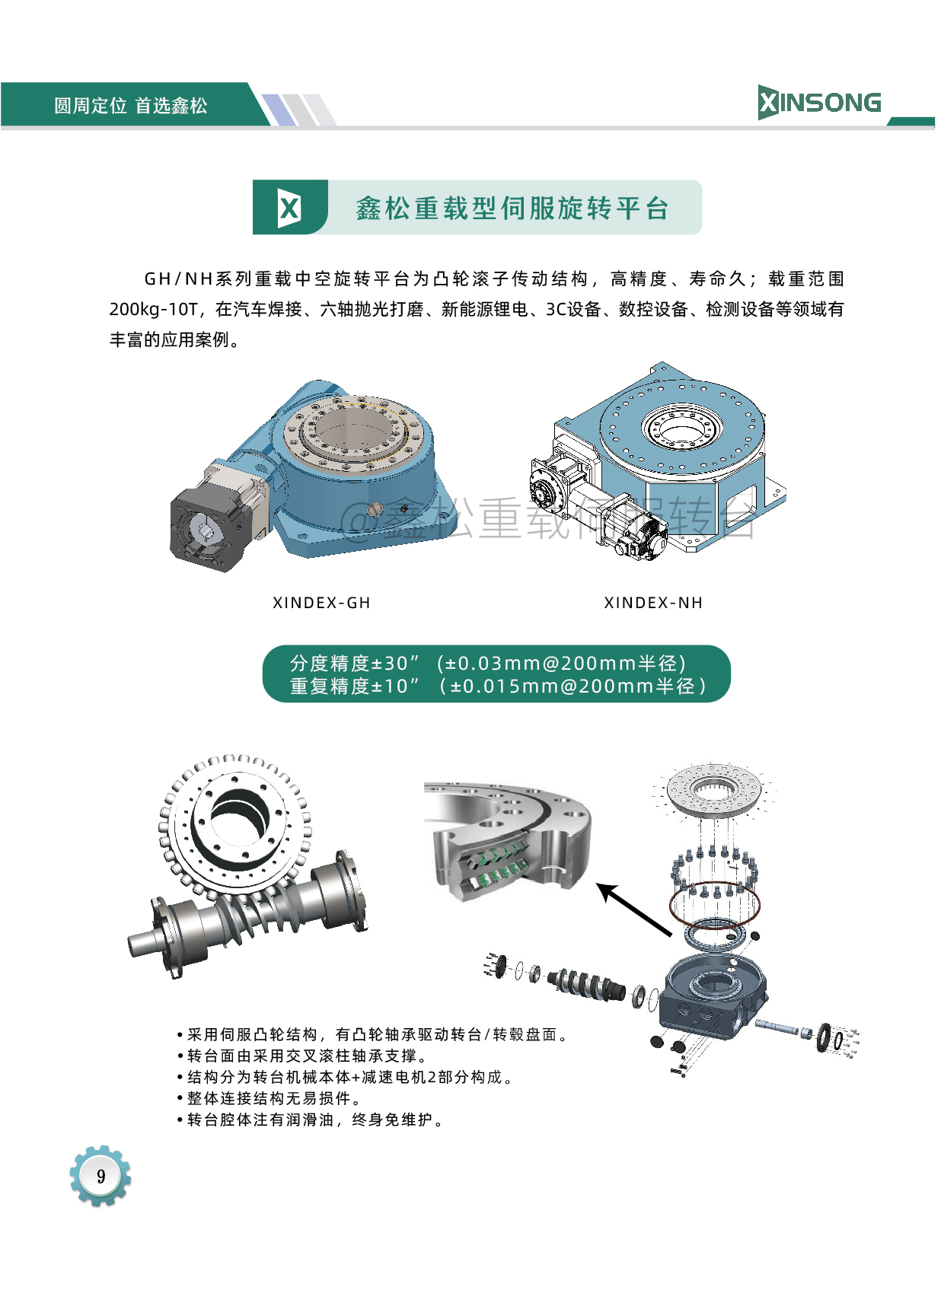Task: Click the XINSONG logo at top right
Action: [819, 103]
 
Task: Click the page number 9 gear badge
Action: [100, 1176]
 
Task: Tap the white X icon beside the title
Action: [289, 207]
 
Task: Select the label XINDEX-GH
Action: [321, 603]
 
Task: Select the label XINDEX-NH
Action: [653, 603]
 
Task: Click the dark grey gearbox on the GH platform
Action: [210, 527]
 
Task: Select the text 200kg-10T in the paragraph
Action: [153, 310]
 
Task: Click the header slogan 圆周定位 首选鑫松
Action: [131, 106]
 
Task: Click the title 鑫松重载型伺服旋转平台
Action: [512, 208]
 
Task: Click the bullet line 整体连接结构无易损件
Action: [269, 1098]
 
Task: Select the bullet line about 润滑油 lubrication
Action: [310, 1120]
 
